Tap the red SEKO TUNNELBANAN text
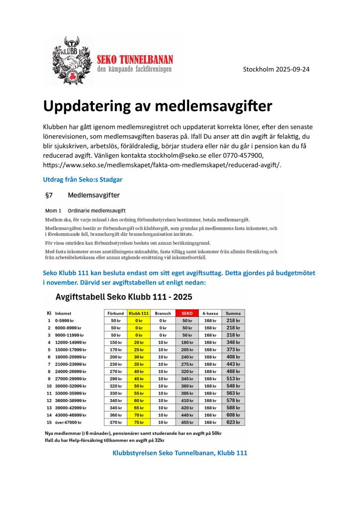click(x=134, y=59)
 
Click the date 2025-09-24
click(x=291, y=69)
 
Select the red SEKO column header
click(x=187, y=313)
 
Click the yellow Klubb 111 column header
click(x=139, y=313)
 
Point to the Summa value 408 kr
click(x=233, y=357)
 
